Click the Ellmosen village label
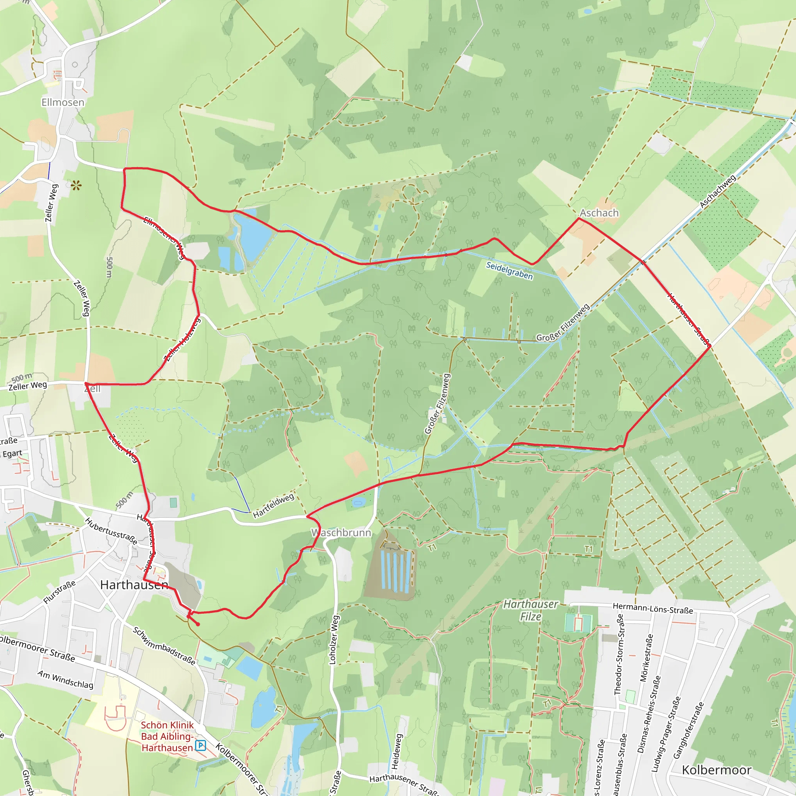coord(63,102)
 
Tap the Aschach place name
coord(599,213)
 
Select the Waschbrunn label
coord(341,533)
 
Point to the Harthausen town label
coord(134,585)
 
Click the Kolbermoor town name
coord(716,770)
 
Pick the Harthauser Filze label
coord(531,610)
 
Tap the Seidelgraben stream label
coord(509,271)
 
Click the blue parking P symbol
coord(201,745)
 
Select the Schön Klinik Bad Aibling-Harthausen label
coord(167,736)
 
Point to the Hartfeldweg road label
coord(274,506)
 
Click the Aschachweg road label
coord(718,192)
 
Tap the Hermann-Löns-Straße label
coord(653,608)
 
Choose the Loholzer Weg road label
coord(334,640)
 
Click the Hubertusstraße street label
coord(111,531)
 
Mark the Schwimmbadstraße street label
coord(164,646)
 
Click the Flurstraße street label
coord(60,592)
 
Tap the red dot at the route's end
coord(198,624)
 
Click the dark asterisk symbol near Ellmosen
coord(76,185)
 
